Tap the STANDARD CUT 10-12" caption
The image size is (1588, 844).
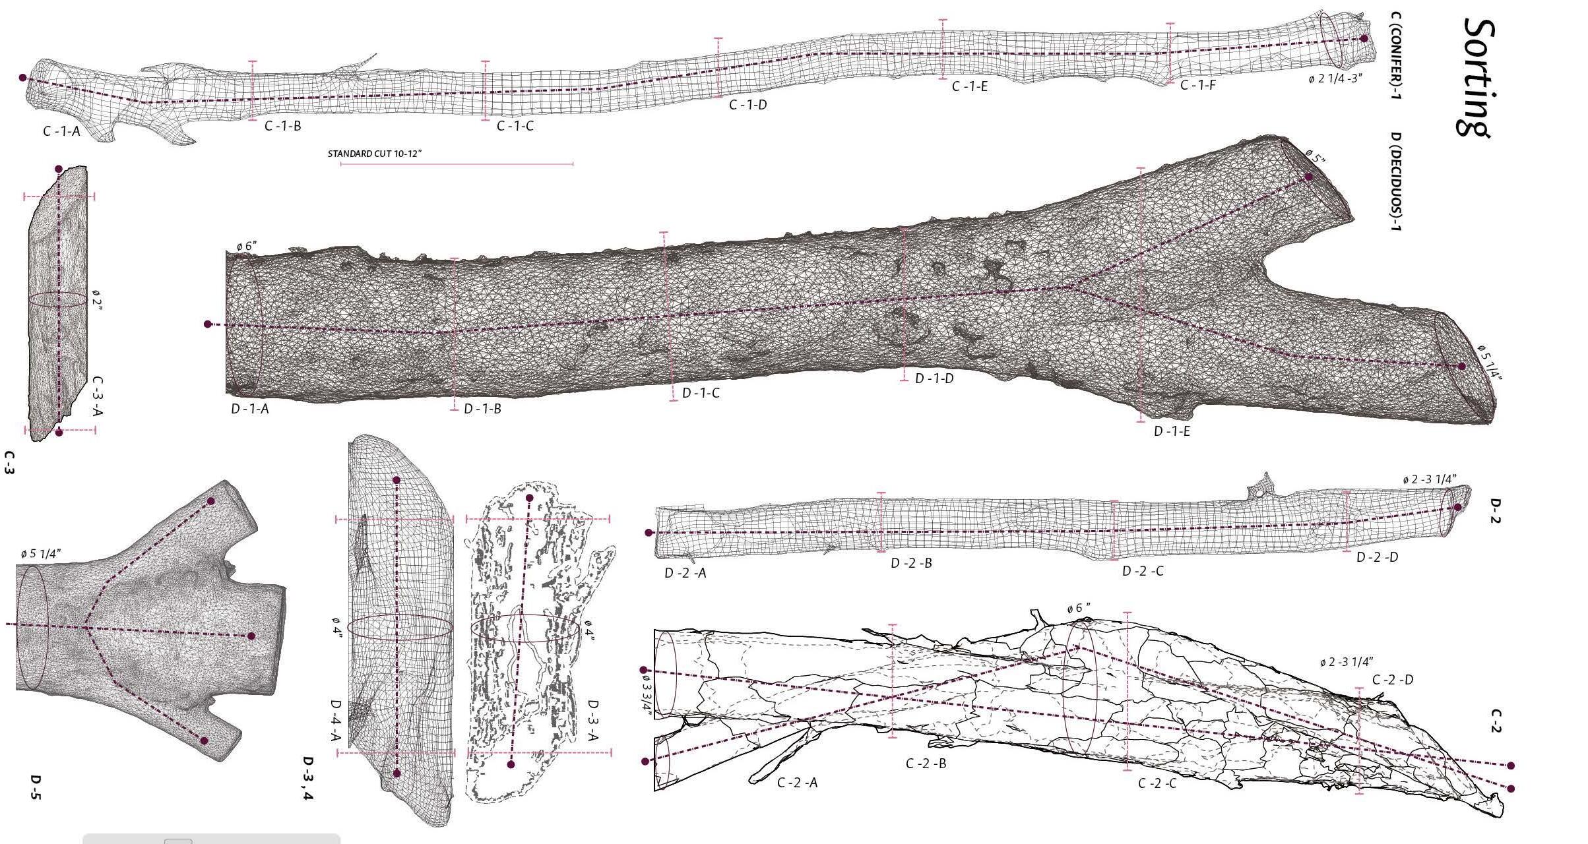point(374,154)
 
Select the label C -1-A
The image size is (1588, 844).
point(61,131)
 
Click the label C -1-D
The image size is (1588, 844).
point(747,104)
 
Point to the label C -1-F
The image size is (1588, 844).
point(1197,85)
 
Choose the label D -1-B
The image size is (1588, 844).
point(482,409)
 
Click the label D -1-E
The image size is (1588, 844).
point(1172,431)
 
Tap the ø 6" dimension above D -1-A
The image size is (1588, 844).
point(247,247)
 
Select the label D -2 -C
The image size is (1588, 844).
point(1143,570)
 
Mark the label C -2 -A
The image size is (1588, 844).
point(797,783)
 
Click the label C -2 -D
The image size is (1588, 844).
point(1393,680)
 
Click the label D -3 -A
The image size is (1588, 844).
point(592,721)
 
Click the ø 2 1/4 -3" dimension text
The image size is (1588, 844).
point(1336,78)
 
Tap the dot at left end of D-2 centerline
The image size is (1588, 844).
point(649,533)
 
